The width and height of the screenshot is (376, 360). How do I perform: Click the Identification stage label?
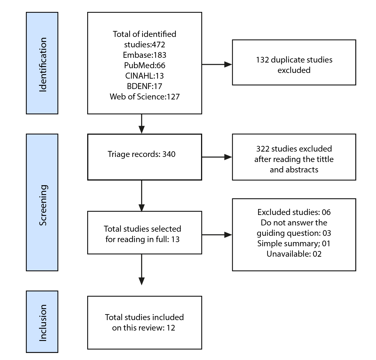coord(43,65)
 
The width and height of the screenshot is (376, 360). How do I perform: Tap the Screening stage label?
coord(43,205)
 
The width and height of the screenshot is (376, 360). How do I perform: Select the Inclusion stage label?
coord(43,323)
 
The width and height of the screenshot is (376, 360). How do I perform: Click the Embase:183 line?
coord(144,55)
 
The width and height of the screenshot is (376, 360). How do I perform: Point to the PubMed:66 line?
coord(144,65)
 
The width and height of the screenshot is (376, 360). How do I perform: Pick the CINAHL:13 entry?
coord(144,76)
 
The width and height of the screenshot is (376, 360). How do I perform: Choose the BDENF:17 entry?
coord(144,86)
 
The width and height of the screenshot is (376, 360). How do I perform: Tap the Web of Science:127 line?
coord(144,96)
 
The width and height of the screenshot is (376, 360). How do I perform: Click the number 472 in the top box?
coord(158,45)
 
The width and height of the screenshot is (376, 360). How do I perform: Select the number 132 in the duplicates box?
coord(262,60)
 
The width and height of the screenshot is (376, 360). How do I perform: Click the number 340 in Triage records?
coord(169,154)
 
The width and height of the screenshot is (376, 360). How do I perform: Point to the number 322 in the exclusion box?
coord(263,149)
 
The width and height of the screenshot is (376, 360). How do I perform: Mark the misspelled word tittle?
coord(325,159)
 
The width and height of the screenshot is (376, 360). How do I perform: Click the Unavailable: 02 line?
coord(294,254)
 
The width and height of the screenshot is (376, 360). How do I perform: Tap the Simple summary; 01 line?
coord(294,244)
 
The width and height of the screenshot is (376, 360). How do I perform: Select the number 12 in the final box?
coord(171,328)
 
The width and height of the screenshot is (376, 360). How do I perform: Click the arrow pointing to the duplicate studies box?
coord(217,65)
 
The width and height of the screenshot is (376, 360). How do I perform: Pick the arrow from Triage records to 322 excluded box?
coord(217,157)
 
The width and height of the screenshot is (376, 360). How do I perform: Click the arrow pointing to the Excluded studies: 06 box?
coord(217,235)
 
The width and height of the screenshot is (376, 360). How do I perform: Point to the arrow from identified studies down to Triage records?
coord(142,124)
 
